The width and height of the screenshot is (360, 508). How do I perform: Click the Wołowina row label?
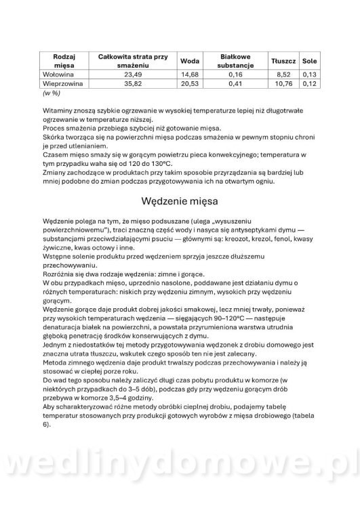59,74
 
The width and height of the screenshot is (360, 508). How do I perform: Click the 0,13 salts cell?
310,74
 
